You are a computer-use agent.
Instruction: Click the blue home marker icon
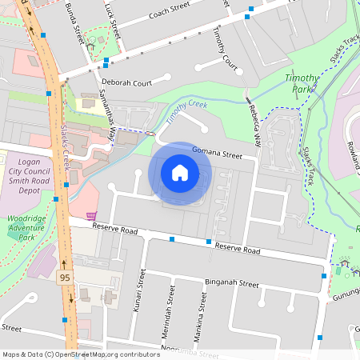tap(180, 172)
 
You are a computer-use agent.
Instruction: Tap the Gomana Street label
tap(216, 153)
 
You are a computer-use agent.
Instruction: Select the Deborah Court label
tap(126, 82)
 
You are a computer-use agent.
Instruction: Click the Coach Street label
tap(169, 14)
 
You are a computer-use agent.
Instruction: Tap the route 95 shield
tap(64, 278)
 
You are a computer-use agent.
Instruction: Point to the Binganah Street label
tap(231, 284)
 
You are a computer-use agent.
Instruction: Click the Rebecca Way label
tap(254, 125)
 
